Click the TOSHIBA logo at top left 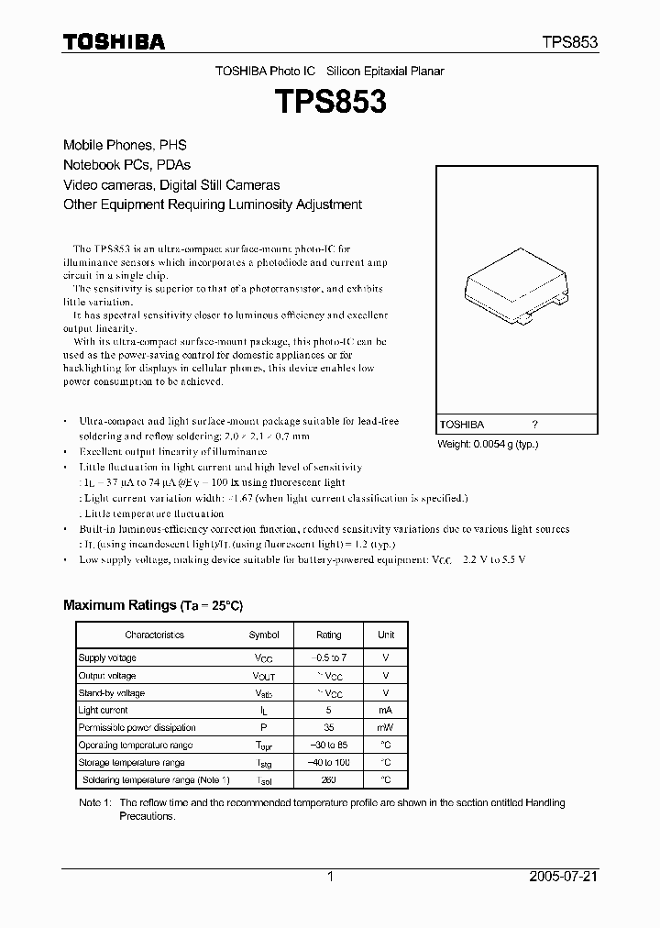click(x=114, y=41)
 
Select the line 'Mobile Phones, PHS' click(x=125, y=145)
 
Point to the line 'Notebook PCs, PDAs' click(x=126, y=165)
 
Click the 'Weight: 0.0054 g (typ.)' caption click(x=488, y=444)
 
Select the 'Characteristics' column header click(x=154, y=635)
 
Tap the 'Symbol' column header click(x=264, y=635)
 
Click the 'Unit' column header click(x=386, y=635)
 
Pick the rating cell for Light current click(x=328, y=710)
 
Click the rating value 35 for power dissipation click(x=328, y=727)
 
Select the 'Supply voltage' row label click(x=107, y=658)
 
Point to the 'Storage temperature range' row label click(x=131, y=762)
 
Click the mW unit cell click(x=386, y=727)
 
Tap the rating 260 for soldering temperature click(x=328, y=779)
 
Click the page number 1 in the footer click(x=329, y=877)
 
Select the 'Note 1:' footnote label click(x=94, y=803)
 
